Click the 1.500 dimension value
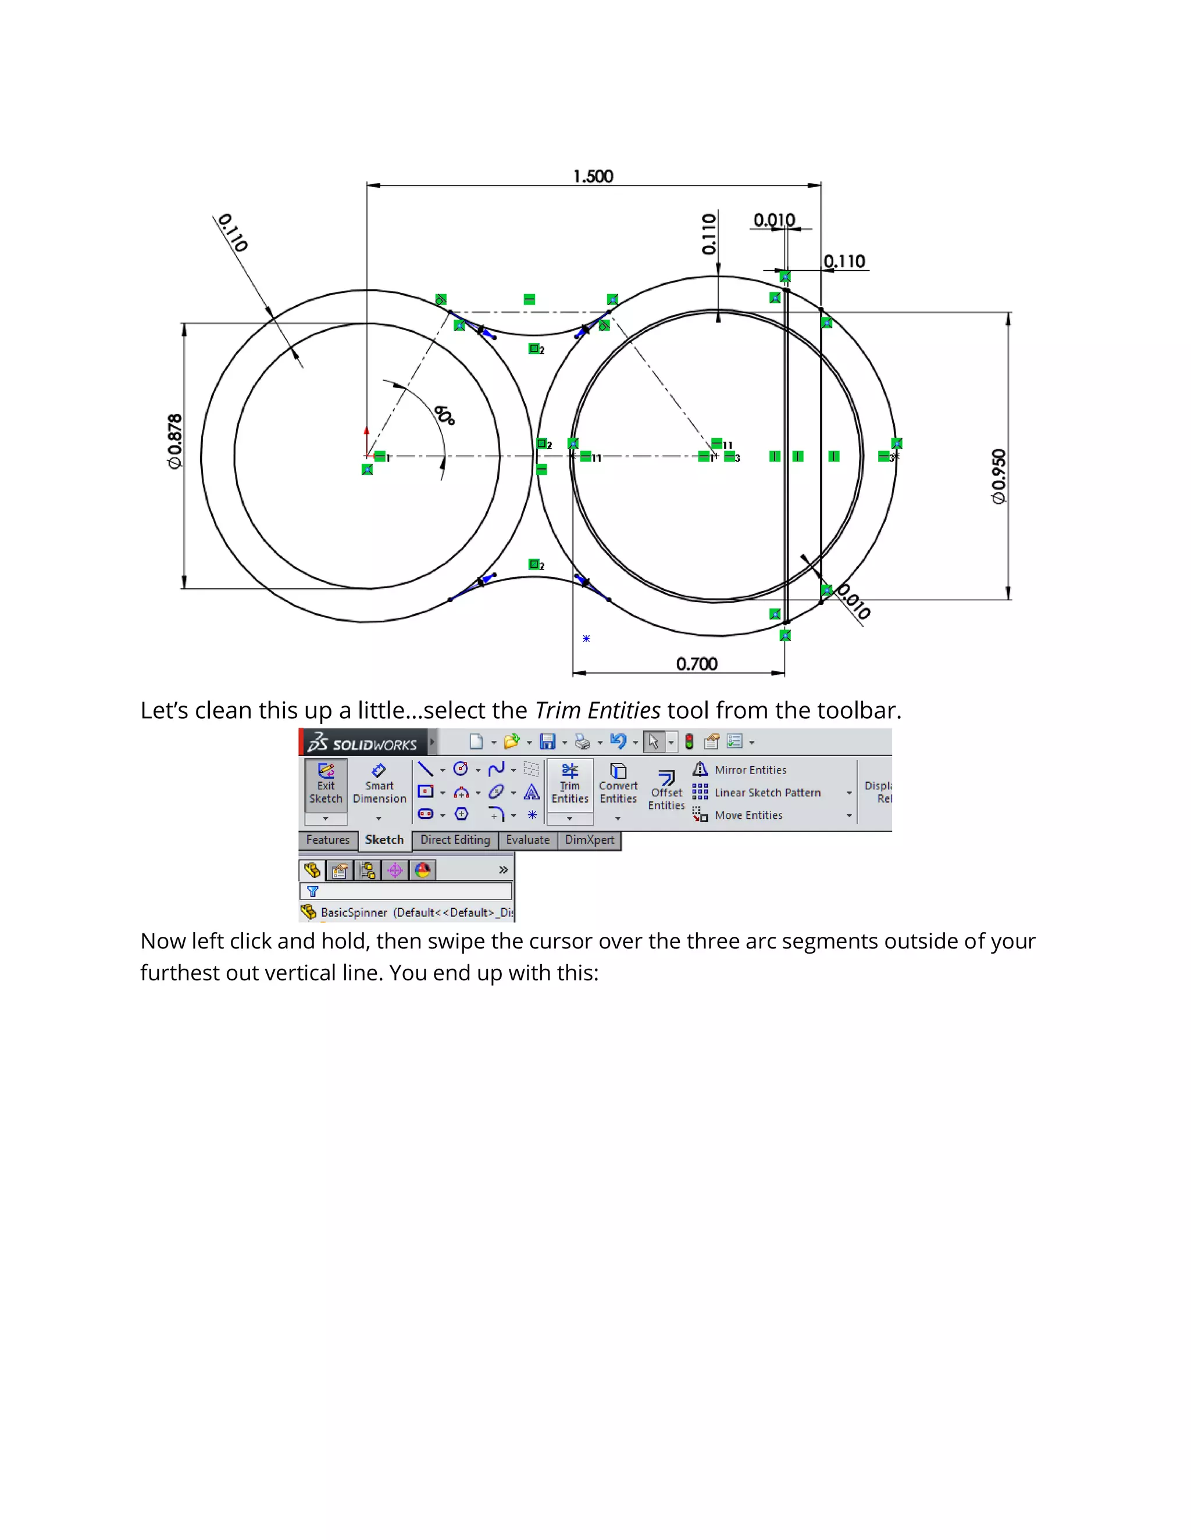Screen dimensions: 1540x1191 point(593,176)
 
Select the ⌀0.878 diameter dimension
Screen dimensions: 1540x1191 point(174,442)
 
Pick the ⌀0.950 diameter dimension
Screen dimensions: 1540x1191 point(999,477)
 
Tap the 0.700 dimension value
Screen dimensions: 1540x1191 point(696,664)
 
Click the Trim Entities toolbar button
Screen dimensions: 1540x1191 point(569,783)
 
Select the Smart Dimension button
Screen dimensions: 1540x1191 point(379,783)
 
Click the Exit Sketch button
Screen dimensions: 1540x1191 point(325,783)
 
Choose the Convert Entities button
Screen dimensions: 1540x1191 point(618,783)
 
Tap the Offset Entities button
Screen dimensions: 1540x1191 point(666,790)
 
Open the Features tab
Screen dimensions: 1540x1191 point(327,840)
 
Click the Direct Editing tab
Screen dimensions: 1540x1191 point(455,840)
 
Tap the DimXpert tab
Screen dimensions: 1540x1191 point(589,840)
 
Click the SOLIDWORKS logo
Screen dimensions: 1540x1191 point(363,743)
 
